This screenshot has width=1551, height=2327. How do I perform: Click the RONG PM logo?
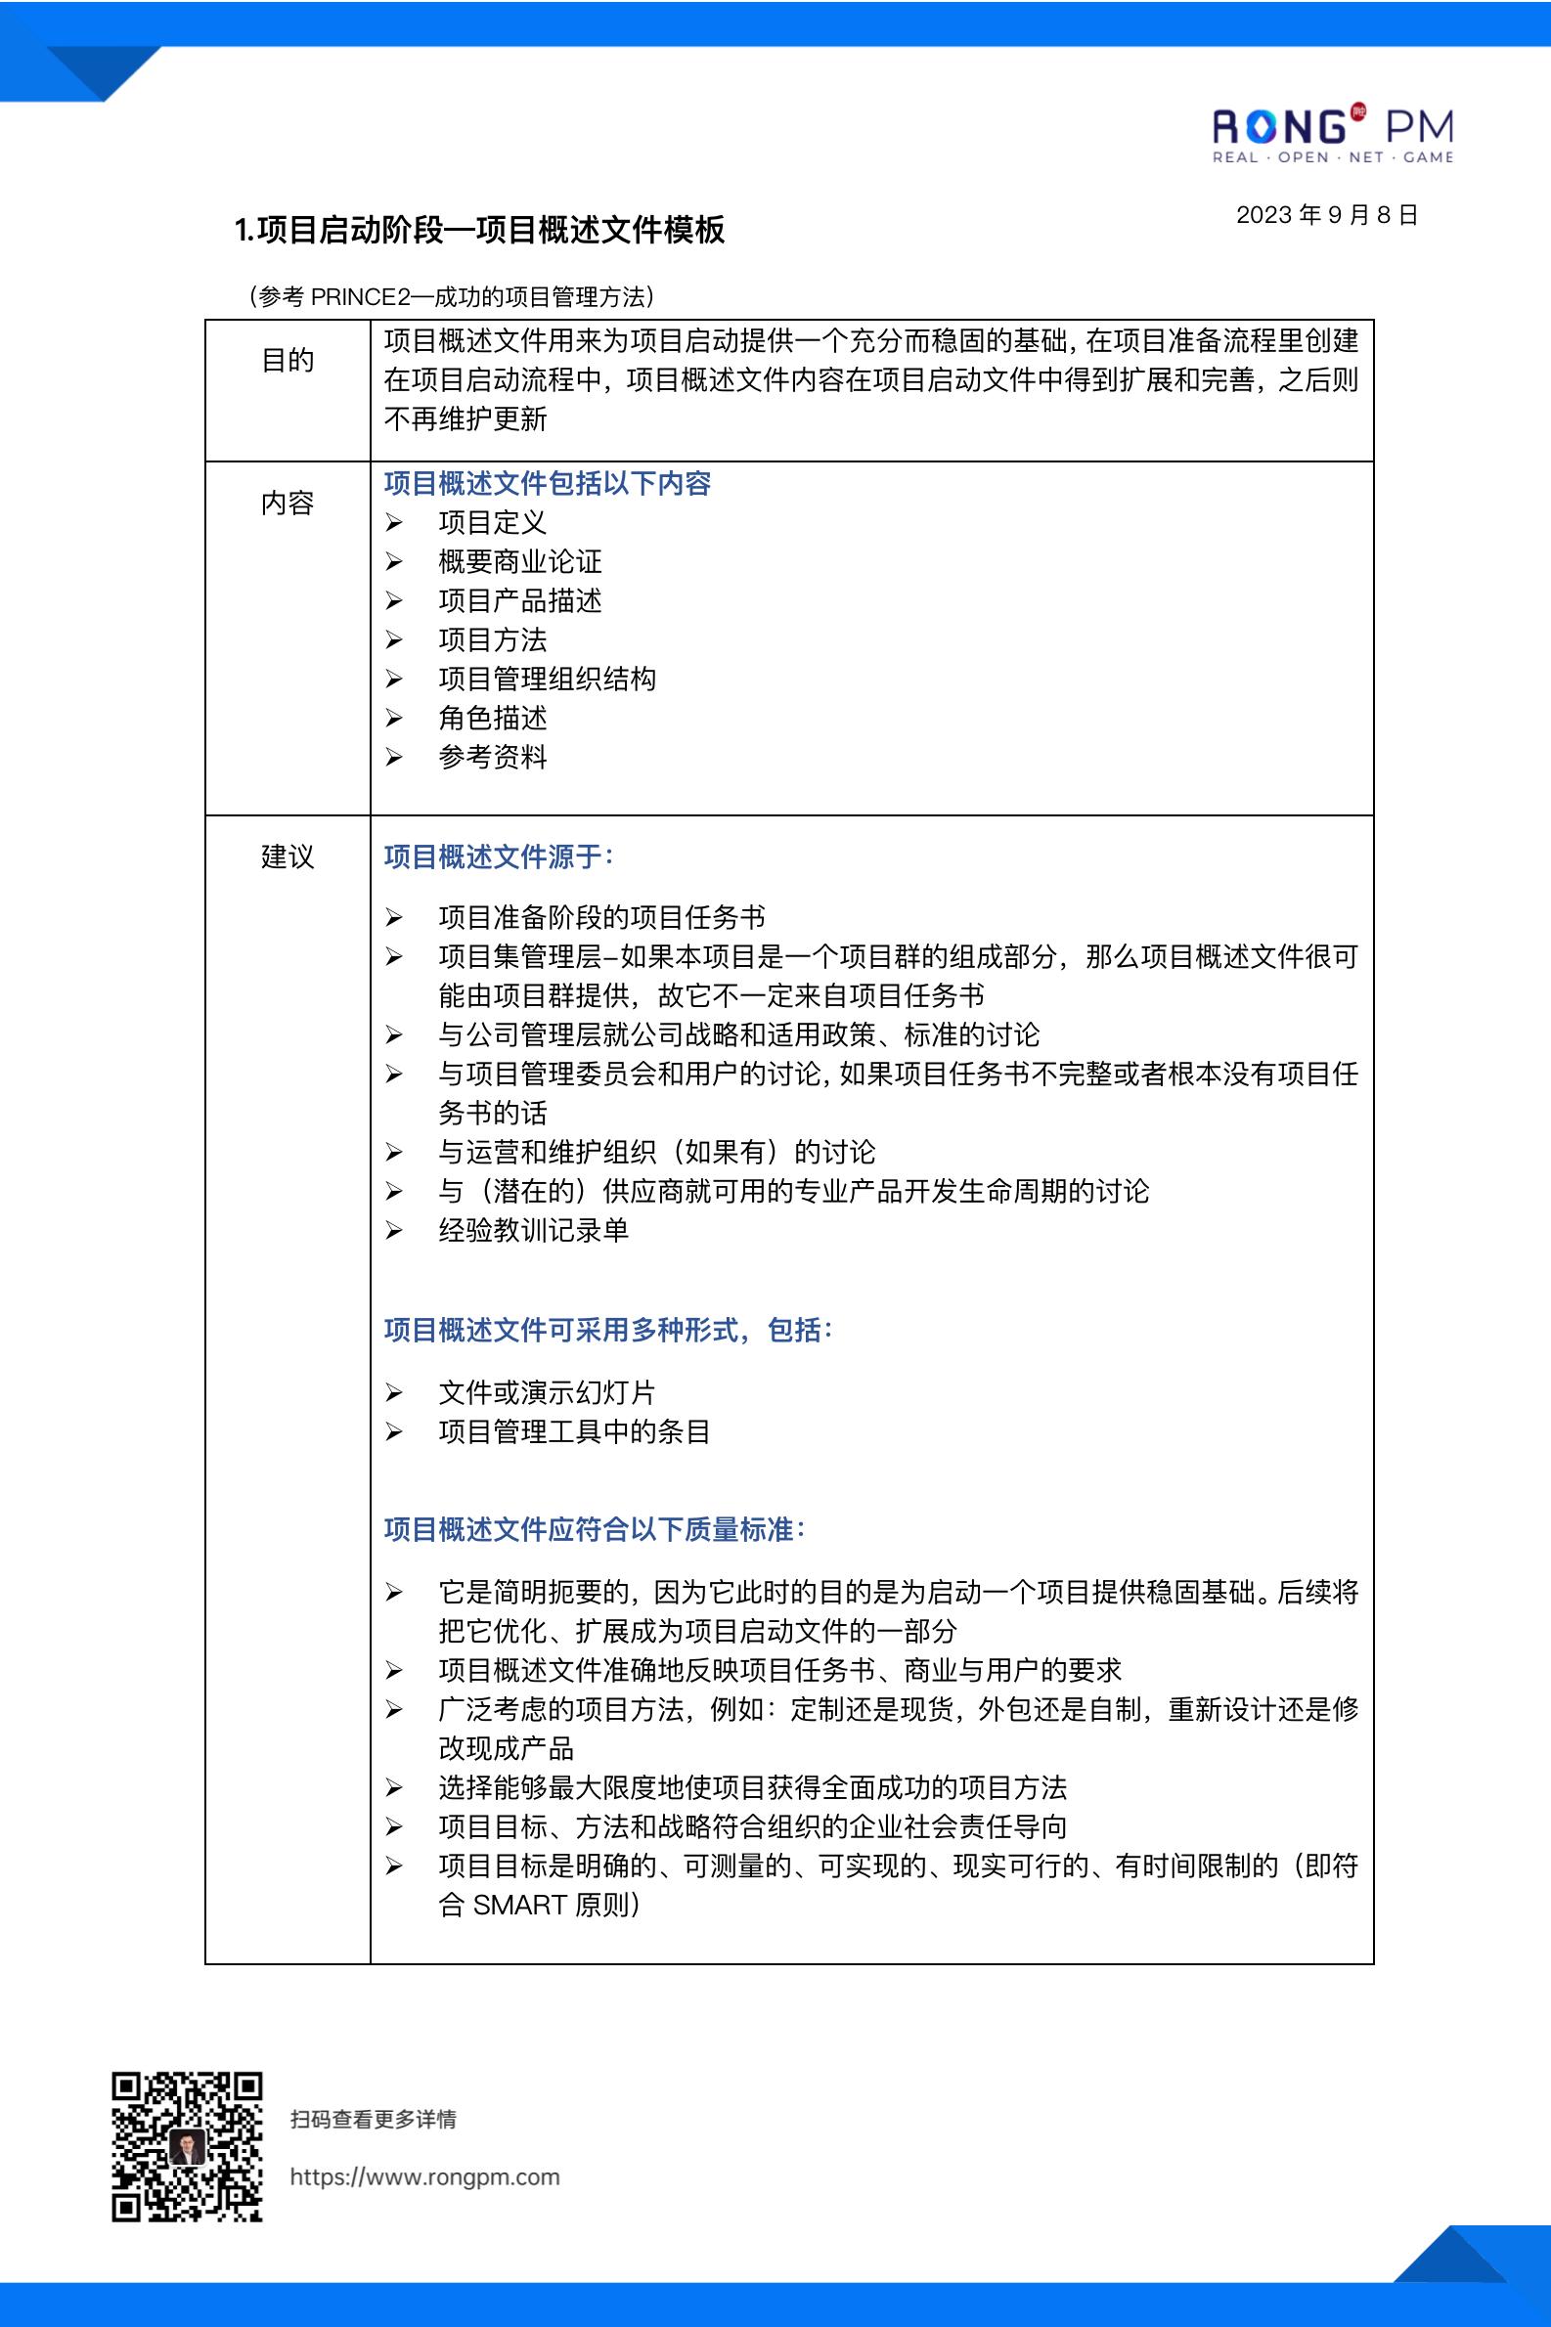1332,135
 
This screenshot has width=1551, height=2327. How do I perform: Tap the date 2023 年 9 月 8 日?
1326,214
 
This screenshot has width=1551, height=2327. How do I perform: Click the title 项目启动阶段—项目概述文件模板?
480,230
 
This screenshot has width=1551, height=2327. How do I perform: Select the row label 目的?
287,360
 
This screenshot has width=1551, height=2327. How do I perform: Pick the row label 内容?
287,503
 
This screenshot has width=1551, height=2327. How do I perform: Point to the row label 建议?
287,856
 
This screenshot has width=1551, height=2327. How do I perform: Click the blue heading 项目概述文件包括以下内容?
547,483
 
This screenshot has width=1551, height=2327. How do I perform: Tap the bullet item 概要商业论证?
519,562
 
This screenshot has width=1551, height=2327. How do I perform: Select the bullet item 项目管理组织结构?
546,679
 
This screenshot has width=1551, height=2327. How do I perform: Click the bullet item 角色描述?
492,718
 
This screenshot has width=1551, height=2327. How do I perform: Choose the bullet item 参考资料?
492,758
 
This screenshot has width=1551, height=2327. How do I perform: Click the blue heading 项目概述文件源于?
498,856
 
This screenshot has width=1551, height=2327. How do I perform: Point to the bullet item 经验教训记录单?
533,1229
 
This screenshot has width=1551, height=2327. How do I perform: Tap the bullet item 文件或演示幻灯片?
546,1392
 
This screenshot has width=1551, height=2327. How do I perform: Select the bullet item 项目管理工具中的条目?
574,1431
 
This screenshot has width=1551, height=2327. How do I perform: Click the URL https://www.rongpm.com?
424,2176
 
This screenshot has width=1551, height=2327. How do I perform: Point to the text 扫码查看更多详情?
373,2120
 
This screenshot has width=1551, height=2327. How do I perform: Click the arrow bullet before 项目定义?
394,522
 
